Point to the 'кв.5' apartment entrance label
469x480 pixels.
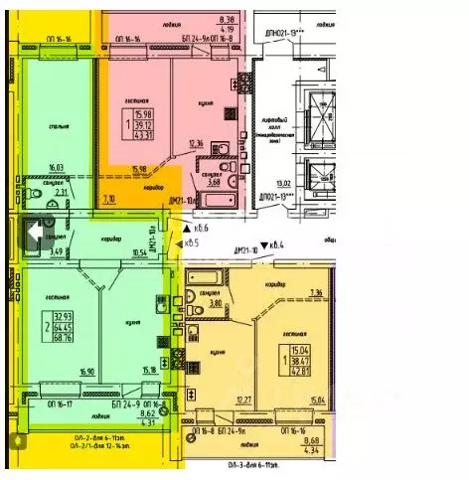[188, 242]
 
